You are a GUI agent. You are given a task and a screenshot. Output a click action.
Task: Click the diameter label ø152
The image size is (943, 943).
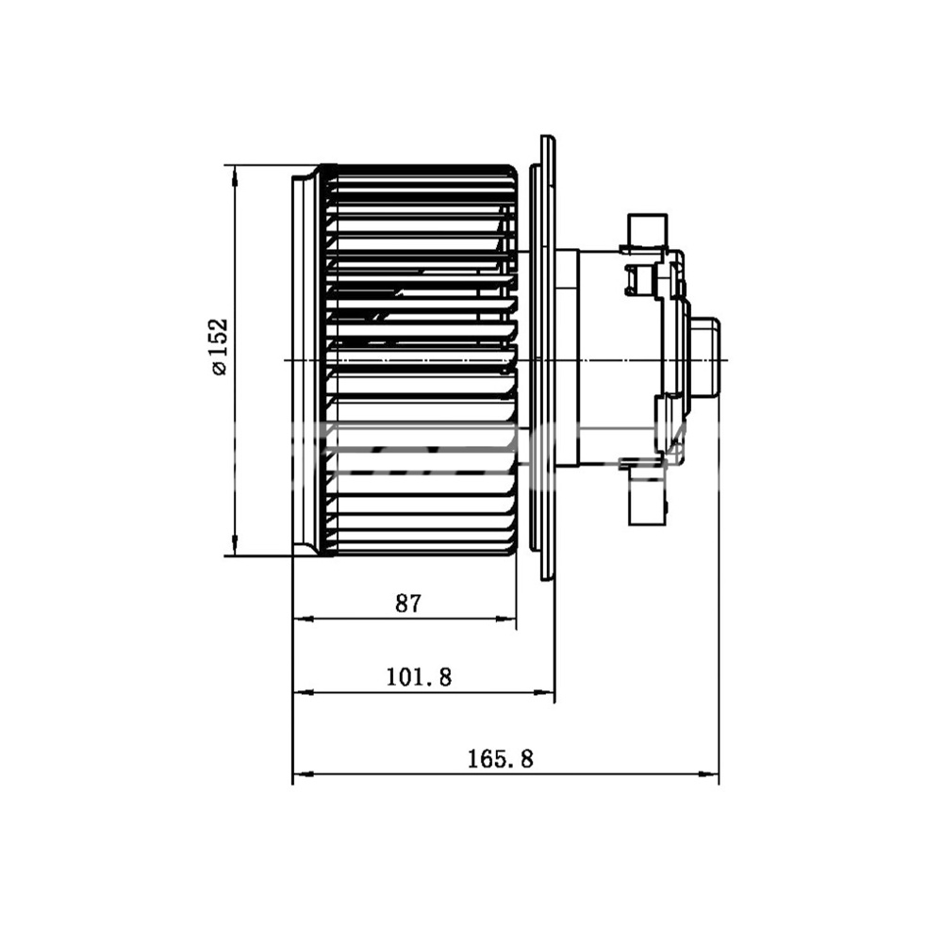[220, 346]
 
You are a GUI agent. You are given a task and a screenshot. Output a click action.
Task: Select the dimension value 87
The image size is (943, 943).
[409, 603]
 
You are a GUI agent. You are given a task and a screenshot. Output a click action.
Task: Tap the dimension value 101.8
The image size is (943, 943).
[419, 677]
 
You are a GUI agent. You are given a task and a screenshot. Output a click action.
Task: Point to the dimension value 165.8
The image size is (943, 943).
[501, 758]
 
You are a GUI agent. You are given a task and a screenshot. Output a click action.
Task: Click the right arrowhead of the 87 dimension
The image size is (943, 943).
[505, 619]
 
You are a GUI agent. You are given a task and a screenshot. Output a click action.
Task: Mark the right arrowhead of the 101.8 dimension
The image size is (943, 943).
[544, 693]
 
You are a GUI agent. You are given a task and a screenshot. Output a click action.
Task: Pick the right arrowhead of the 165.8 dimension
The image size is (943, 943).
[708, 773]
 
